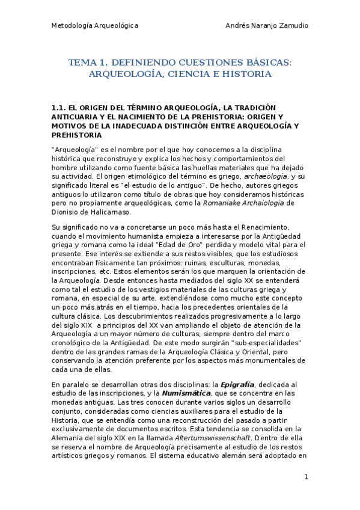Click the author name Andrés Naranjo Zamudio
267,26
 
